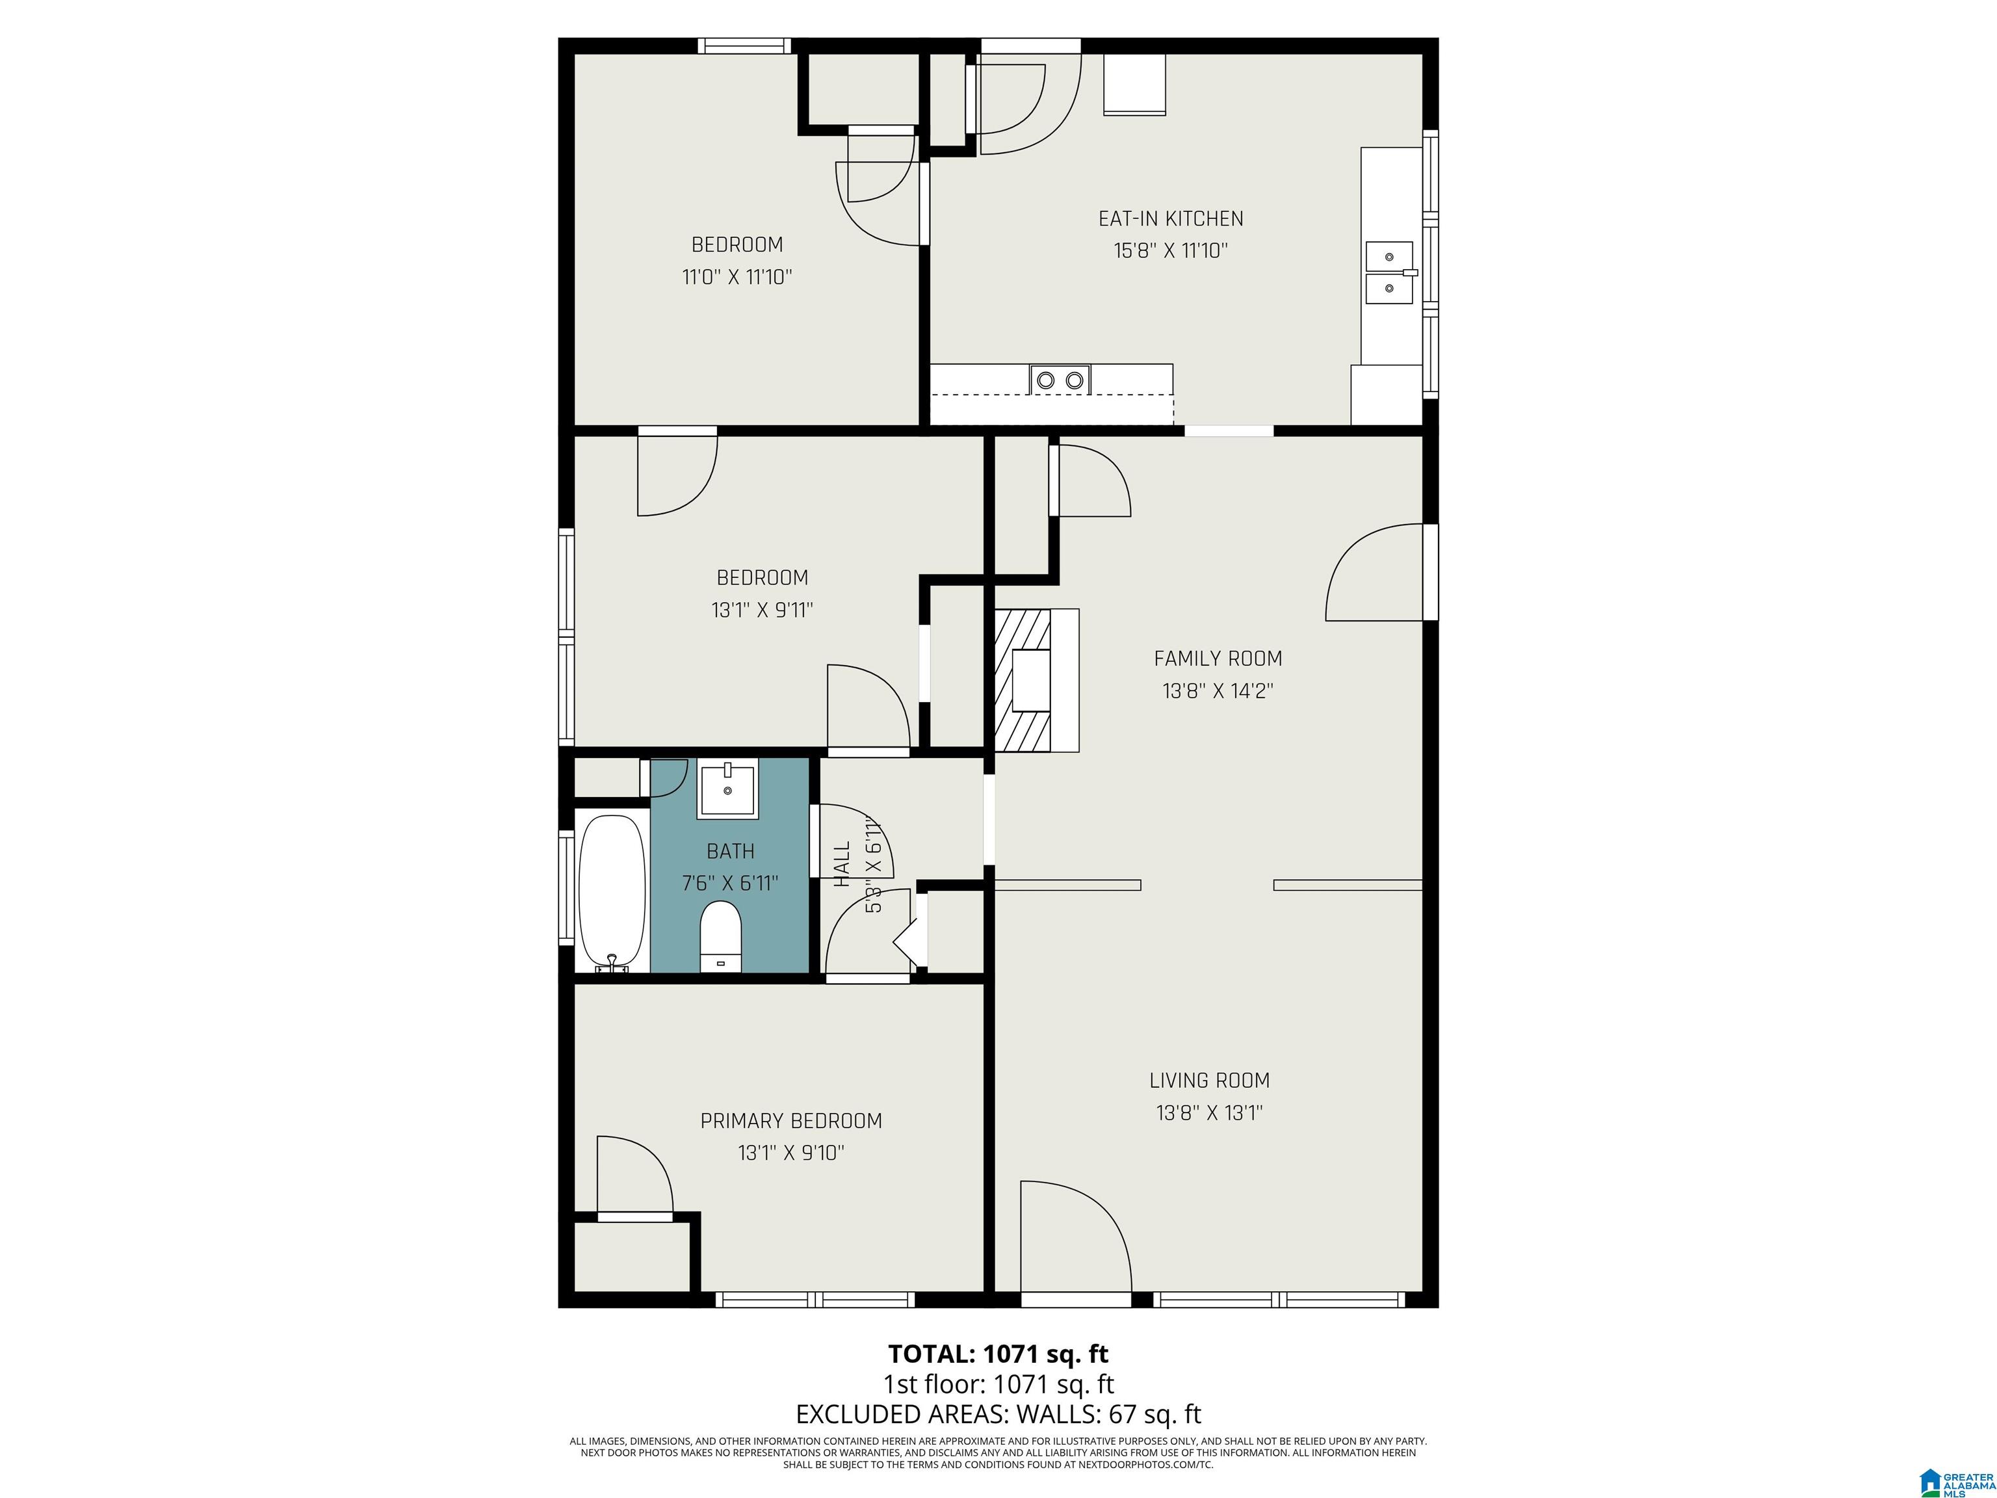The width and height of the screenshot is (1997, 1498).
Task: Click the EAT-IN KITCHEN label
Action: click(x=1170, y=218)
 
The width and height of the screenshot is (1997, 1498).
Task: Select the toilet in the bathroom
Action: click(x=720, y=936)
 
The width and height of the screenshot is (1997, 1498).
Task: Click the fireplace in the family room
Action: click(x=1036, y=681)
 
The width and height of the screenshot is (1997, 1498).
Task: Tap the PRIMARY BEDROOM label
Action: click(x=791, y=1120)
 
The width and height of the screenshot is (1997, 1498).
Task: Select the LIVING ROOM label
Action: click(x=1209, y=1080)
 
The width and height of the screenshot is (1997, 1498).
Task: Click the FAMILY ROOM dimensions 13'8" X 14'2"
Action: click(x=1218, y=690)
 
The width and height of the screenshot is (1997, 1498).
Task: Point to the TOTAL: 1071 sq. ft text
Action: click(x=998, y=1354)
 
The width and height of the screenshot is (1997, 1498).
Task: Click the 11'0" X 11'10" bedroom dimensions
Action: click(x=737, y=277)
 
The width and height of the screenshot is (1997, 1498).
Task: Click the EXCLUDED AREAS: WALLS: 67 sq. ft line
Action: click(x=998, y=1414)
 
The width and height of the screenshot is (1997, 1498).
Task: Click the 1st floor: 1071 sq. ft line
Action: click(x=998, y=1384)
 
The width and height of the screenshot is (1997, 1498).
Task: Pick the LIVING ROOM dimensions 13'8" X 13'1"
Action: click(x=1209, y=1112)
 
